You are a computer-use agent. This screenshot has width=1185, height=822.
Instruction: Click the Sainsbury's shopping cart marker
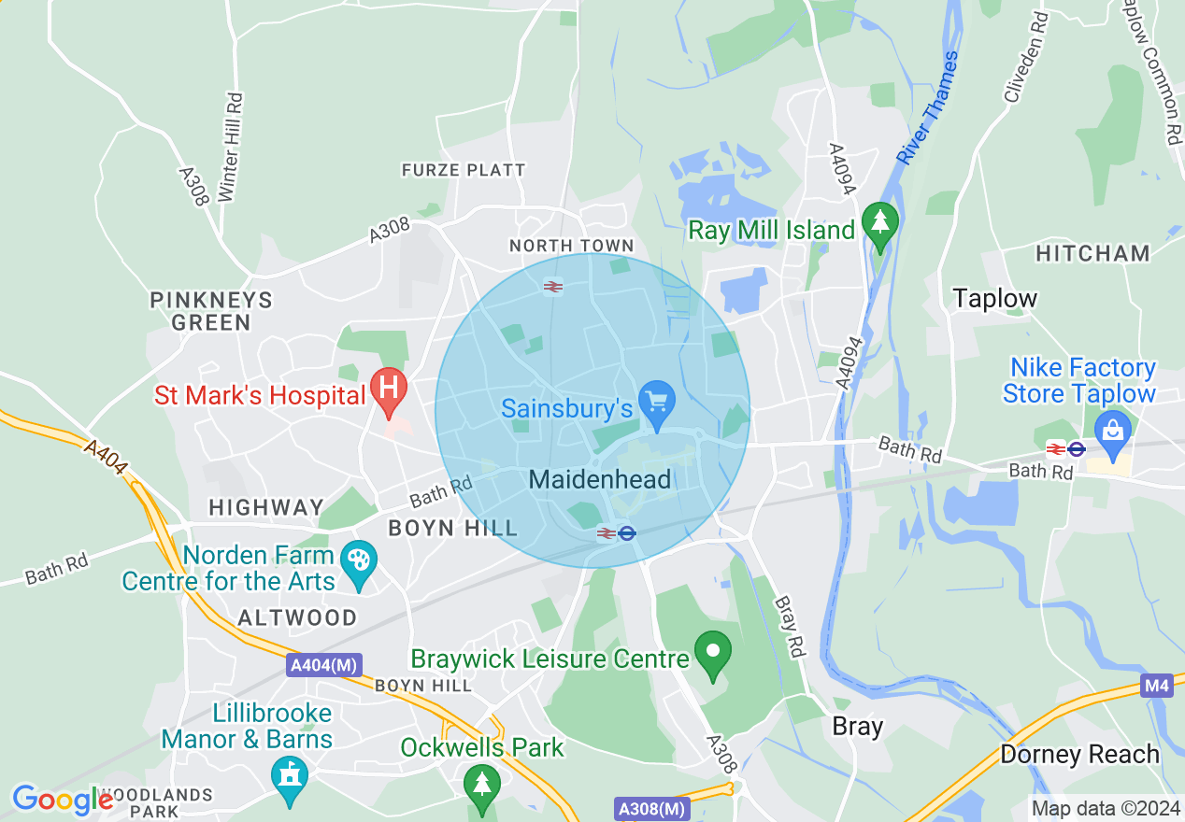click(x=657, y=403)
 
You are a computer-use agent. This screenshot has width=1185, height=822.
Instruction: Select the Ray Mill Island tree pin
click(x=879, y=224)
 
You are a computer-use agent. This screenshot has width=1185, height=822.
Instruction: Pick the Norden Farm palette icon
click(x=358, y=563)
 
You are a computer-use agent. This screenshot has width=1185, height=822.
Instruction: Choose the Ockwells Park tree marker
click(x=481, y=782)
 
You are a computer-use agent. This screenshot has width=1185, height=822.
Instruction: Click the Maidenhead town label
click(x=599, y=480)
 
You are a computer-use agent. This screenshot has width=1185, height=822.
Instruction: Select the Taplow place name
click(x=994, y=299)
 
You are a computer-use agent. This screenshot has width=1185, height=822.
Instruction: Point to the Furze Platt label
click(x=464, y=170)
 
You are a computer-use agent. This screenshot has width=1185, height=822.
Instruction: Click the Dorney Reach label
click(x=1079, y=754)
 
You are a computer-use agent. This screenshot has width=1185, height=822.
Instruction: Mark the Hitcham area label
click(x=1092, y=253)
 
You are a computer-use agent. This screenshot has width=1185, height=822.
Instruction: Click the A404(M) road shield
click(x=323, y=666)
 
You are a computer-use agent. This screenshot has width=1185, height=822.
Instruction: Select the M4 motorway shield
click(x=1156, y=687)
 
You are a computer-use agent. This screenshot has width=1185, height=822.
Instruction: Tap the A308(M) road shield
click(x=652, y=808)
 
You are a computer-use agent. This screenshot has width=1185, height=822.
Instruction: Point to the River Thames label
click(x=927, y=108)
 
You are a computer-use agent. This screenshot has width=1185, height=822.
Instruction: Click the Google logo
click(x=63, y=800)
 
